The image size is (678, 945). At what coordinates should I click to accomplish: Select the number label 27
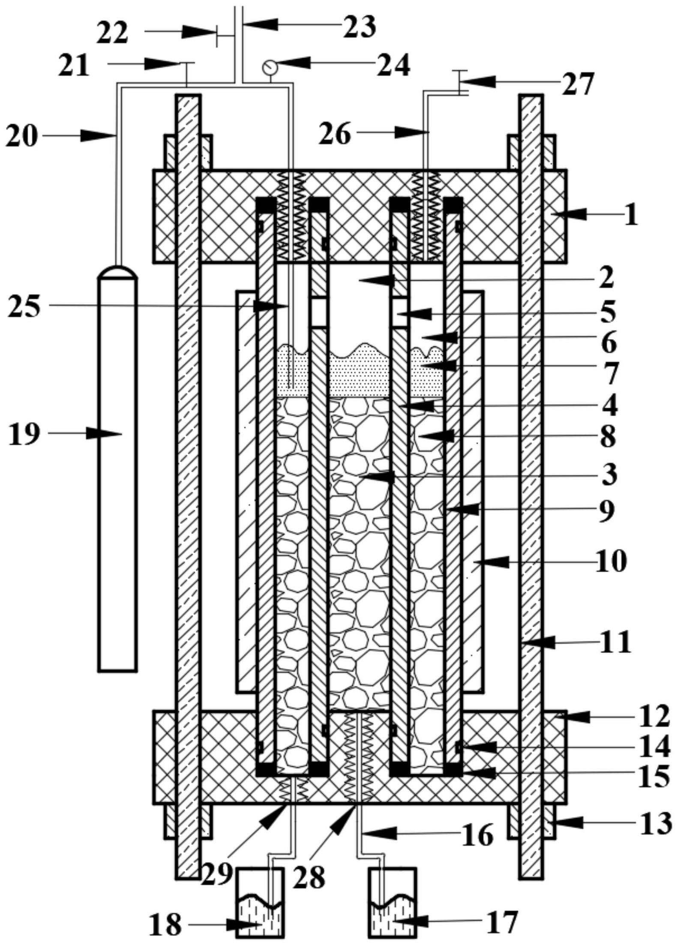click(x=576, y=83)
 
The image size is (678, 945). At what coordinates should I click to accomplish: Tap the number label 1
click(x=630, y=214)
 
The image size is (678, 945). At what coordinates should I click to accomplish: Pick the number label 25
click(x=24, y=307)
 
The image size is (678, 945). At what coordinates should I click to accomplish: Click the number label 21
click(x=74, y=66)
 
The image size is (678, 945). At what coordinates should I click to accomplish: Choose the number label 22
click(x=112, y=33)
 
